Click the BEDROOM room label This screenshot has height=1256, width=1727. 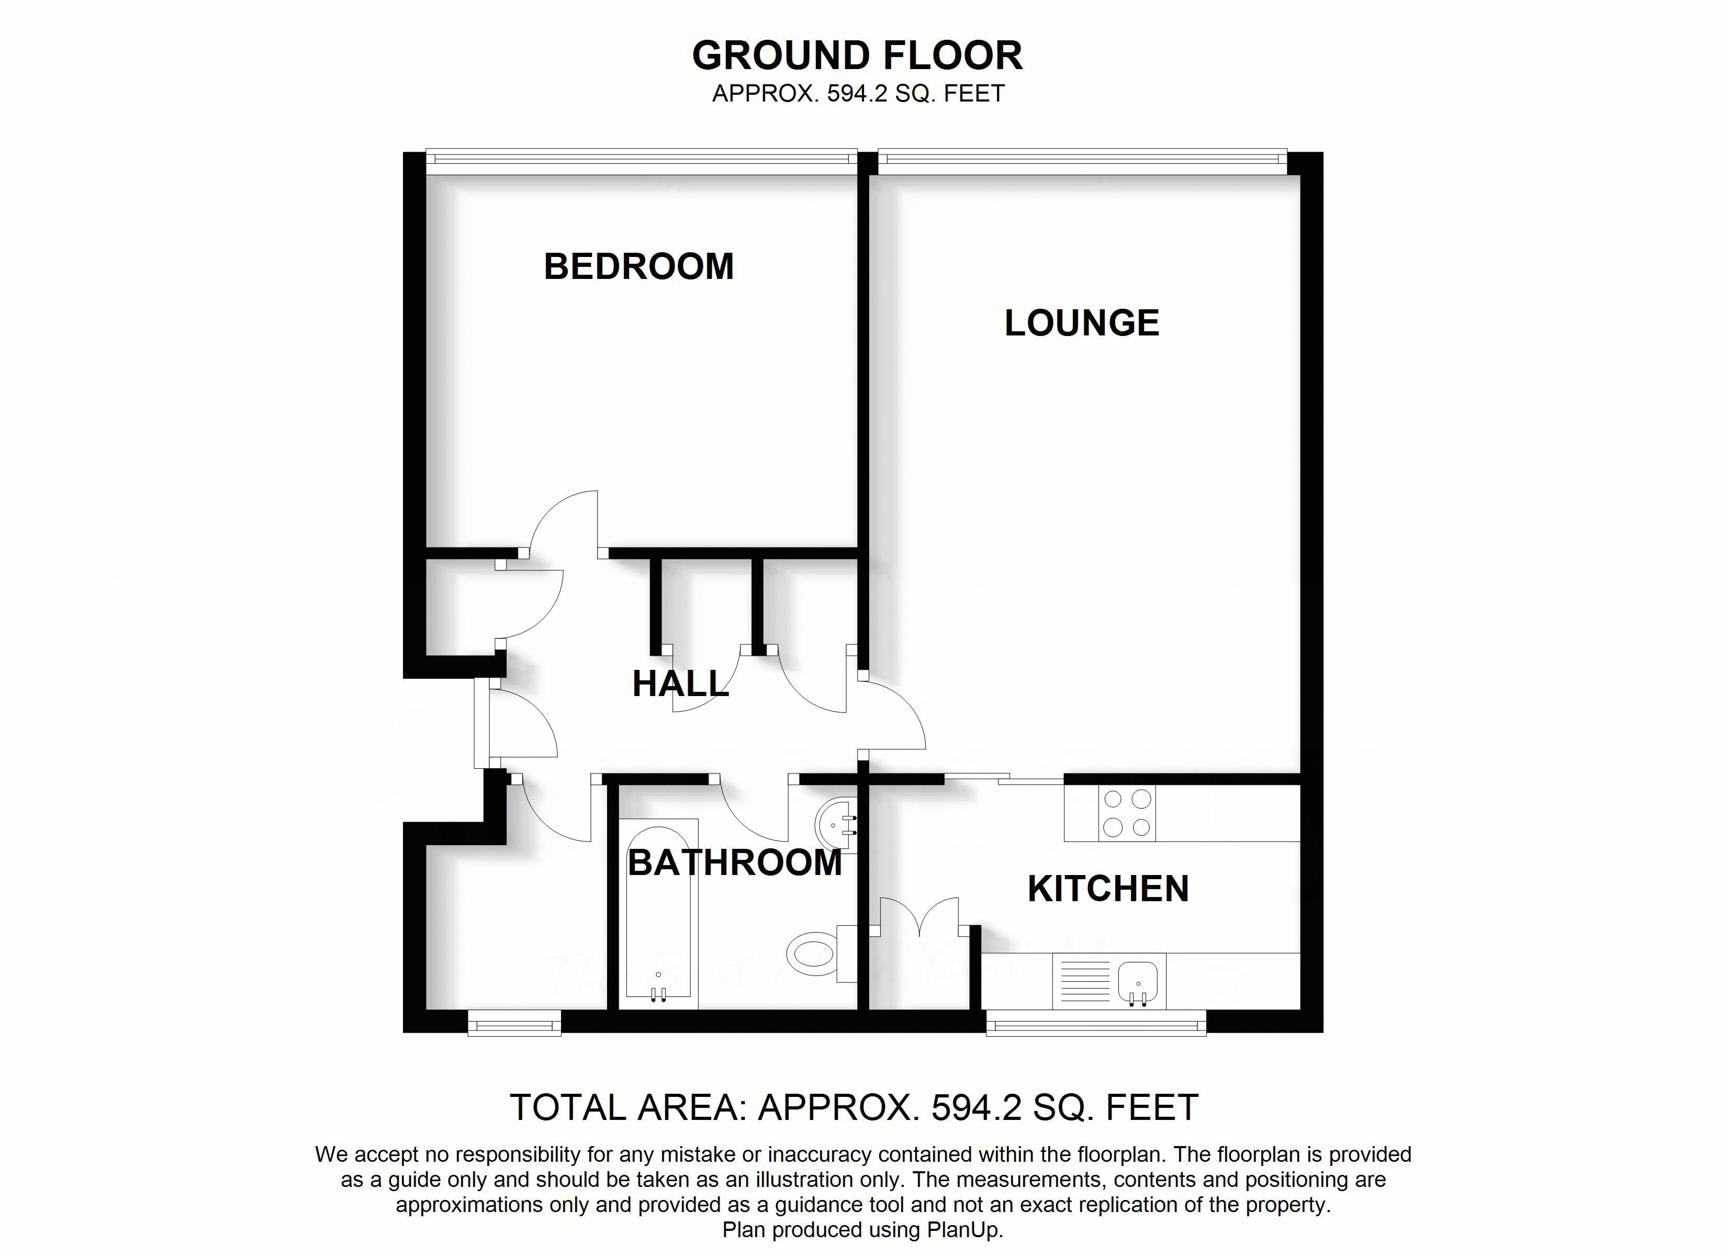(638, 266)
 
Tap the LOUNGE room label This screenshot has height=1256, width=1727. (1081, 323)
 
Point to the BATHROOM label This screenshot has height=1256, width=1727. (735, 863)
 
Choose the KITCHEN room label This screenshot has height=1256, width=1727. (1108, 889)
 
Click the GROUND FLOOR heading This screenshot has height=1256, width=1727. (857, 55)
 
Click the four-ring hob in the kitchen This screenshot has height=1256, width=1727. (1127, 813)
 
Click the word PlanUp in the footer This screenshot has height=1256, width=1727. (963, 1230)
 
